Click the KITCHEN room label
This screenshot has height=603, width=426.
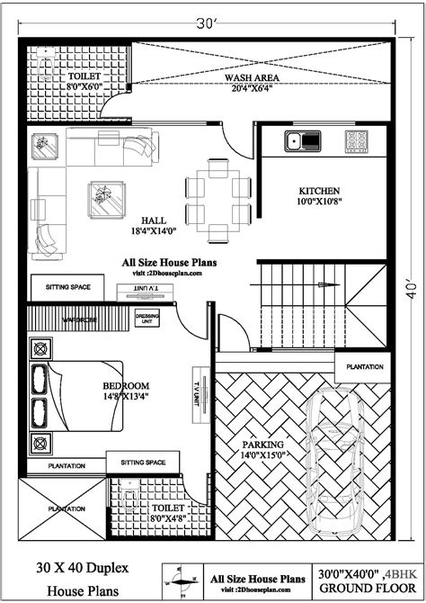pos(320,191)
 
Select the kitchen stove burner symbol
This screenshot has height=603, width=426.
pos(358,140)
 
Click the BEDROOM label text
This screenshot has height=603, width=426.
pos(120,386)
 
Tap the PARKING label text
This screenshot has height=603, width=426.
pos(263,445)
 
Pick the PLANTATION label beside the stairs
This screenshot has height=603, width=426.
pos(365,367)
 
